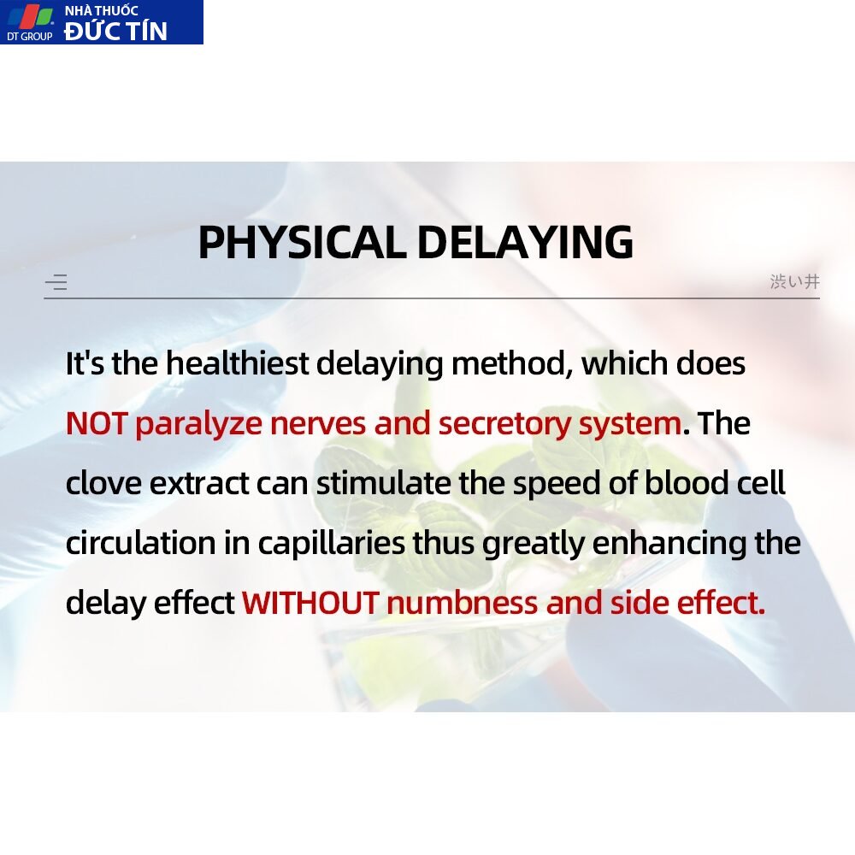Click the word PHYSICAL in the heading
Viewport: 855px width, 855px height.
[x=302, y=242]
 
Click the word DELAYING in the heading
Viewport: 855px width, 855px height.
[x=525, y=242]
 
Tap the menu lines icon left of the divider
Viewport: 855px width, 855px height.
[x=56, y=282]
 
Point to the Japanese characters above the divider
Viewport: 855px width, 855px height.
[x=794, y=281]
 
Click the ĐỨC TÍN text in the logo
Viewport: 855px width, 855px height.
[x=115, y=31]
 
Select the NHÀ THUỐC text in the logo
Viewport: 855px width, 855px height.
[x=102, y=10]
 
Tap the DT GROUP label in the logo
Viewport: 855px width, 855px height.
[x=29, y=37]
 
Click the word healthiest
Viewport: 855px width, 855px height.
[x=237, y=363]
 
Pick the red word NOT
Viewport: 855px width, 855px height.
[x=97, y=424]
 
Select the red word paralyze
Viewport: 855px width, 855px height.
[x=198, y=425]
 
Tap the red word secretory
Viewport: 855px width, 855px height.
[x=504, y=425]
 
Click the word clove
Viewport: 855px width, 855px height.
[x=103, y=483]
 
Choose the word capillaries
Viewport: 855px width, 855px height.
[x=332, y=544]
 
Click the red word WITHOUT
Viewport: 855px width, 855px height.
[x=311, y=603]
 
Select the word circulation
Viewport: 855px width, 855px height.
[x=141, y=543]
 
